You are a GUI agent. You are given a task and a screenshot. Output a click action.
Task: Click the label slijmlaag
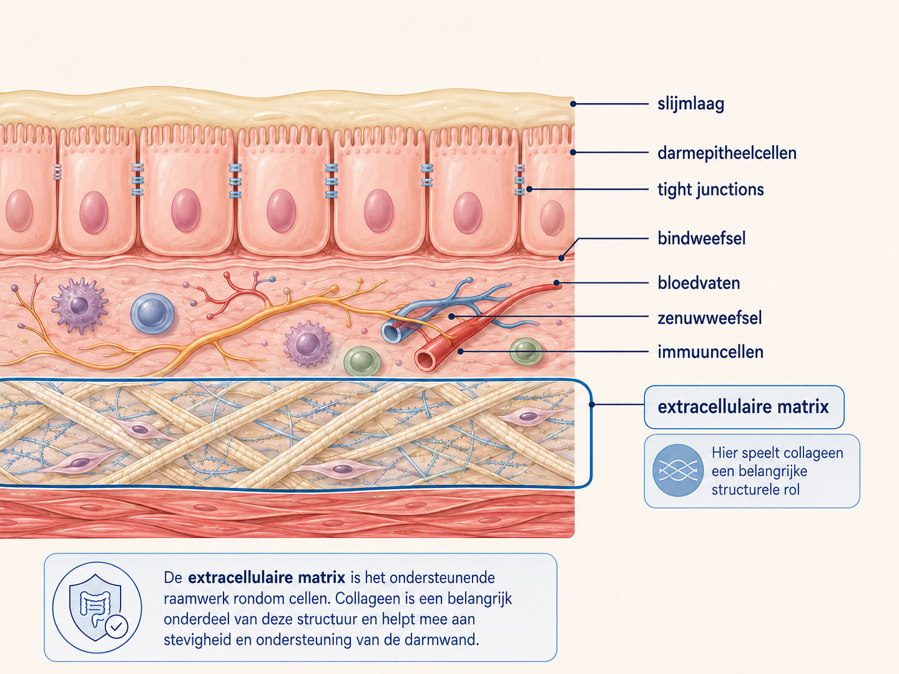690,104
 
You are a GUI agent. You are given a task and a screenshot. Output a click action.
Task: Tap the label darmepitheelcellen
727,153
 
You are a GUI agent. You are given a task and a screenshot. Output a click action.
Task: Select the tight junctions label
711,189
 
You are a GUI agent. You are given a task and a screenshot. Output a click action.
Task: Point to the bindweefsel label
702,238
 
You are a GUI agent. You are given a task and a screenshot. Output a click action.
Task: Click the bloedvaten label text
698,283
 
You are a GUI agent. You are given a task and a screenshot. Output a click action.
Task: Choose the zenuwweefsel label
710,318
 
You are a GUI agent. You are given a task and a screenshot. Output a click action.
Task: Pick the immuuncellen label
711,352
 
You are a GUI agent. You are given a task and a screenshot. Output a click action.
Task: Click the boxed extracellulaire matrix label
744,407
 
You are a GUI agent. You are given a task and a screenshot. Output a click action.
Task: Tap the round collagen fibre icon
678,470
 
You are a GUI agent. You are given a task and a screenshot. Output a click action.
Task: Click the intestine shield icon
97,608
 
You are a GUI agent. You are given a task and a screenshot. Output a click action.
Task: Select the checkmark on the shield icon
116,626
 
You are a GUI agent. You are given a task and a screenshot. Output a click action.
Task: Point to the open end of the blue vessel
391,332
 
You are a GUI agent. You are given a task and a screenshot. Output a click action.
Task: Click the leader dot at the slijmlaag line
574,104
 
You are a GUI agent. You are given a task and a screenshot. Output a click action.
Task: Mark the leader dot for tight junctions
530,189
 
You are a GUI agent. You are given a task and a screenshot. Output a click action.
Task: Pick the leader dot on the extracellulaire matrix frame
592,405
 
